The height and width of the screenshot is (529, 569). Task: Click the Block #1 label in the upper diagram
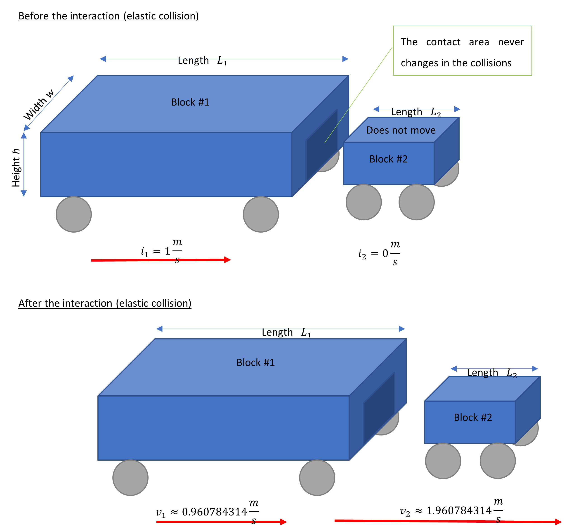pos(190,102)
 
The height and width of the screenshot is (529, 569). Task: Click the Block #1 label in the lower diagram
pos(255,362)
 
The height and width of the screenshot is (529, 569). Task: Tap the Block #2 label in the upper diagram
pos(388,159)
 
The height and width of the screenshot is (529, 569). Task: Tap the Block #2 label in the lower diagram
pos(473,417)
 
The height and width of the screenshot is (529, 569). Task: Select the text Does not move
pos(401,130)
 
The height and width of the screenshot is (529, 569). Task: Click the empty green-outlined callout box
pos(462,51)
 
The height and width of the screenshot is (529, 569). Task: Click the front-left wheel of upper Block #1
pos(74,214)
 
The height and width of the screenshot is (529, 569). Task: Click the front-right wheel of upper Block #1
pos(261,214)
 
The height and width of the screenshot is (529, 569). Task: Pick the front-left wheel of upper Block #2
pos(364,202)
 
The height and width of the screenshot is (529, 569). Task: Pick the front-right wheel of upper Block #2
pos(416,202)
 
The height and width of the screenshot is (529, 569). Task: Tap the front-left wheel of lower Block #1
pos(130,478)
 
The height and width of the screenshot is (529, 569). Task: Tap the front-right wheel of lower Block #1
pos(317,478)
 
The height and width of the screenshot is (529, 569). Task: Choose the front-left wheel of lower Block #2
pos(443,461)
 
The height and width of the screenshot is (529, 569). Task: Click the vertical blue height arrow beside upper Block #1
pos(24,164)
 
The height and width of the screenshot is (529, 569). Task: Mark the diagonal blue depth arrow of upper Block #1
pos(49,103)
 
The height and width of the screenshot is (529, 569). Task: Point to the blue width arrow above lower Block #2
pos(494,369)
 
